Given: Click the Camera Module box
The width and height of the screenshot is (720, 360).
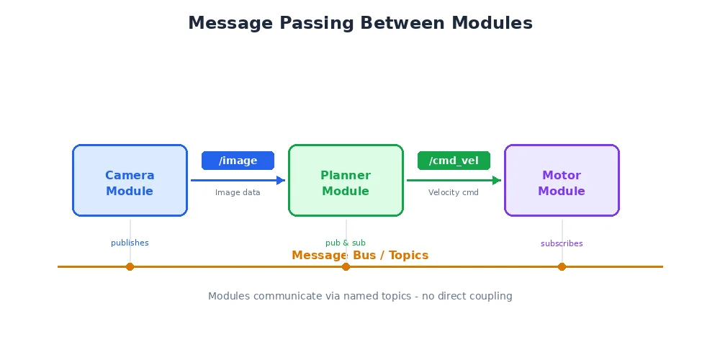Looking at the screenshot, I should point(130,180).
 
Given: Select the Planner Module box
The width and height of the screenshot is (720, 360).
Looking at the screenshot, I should point(346,180).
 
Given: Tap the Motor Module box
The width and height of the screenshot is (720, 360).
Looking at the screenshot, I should point(562,180).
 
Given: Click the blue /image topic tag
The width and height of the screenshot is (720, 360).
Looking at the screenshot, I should point(238,161).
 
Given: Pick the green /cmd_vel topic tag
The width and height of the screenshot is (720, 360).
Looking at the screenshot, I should point(454,161).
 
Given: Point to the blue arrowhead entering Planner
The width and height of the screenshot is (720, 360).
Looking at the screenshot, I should point(282,180).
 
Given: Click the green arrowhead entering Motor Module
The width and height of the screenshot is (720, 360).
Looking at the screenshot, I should point(497,180).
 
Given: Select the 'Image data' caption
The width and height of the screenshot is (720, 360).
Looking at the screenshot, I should point(238,192).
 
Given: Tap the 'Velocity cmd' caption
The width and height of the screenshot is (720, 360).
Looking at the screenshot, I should point(454,192).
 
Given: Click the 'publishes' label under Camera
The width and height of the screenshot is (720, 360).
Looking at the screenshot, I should point(130,243).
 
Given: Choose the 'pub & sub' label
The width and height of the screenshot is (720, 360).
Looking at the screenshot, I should point(346,243).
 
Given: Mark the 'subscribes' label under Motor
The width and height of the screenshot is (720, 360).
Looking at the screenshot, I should point(562,243).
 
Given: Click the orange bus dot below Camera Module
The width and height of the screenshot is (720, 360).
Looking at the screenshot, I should point(130,266).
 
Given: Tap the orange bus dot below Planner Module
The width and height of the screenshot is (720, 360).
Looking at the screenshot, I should point(346,266).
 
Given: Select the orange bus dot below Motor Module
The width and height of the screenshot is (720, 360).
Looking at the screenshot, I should point(562,266).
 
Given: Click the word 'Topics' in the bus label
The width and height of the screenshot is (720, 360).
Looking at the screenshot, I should point(408,256).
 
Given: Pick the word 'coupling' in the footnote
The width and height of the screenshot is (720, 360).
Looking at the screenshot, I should point(489,296).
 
